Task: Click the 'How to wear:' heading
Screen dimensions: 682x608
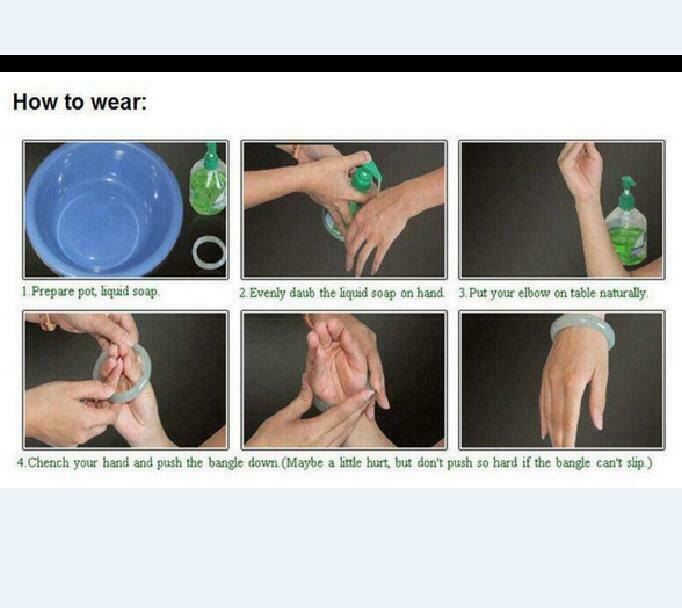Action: click(x=80, y=102)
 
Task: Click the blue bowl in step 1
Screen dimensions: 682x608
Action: click(x=103, y=210)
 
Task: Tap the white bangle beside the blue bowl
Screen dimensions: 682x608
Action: click(x=209, y=252)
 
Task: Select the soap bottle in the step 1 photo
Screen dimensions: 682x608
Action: click(x=209, y=179)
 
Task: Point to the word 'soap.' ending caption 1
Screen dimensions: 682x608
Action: click(x=146, y=291)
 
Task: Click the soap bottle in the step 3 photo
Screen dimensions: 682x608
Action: click(x=626, y=223)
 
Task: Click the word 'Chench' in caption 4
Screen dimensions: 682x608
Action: click(x=48, y=463)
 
